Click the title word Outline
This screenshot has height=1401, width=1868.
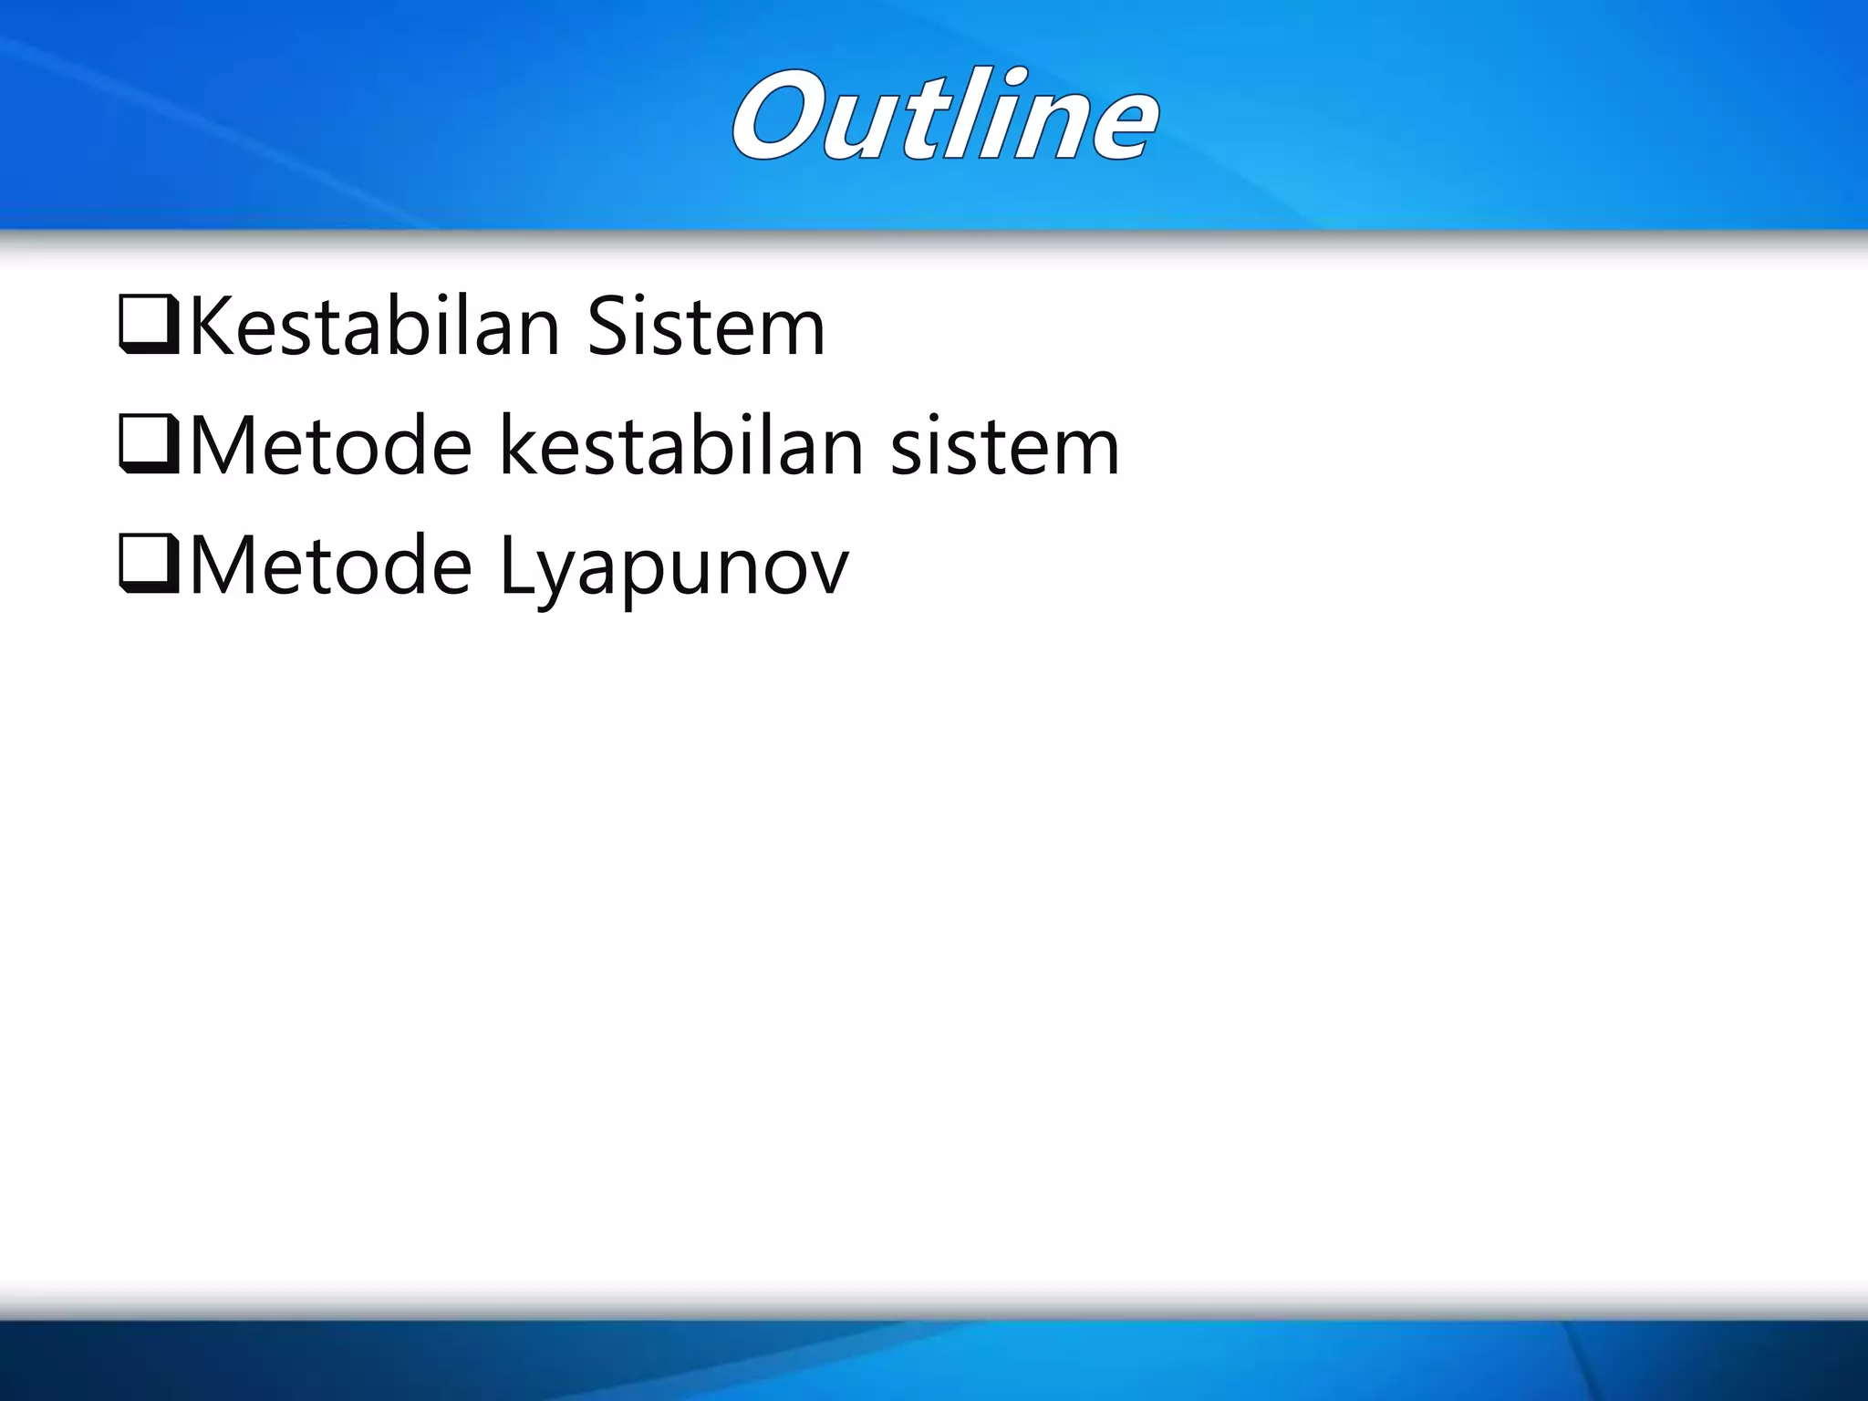click(945, 117)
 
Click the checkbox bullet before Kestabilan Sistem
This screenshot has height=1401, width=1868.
click(149, 326)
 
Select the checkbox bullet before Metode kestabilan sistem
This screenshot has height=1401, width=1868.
click(149, 446)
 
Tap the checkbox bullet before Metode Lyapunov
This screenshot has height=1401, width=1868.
click(149, 566)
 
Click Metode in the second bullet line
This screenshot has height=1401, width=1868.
click(330, 446)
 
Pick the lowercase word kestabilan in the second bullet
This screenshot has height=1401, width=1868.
click(680, 446)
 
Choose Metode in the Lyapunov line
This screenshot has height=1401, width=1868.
click(330, 566)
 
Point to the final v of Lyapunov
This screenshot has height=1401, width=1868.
click(827, 573)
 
